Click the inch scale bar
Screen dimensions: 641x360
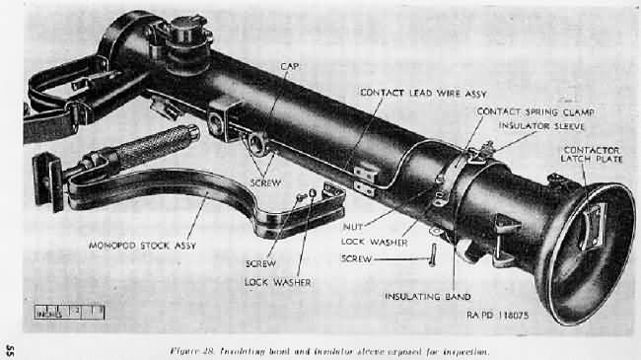coord(69,312)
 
